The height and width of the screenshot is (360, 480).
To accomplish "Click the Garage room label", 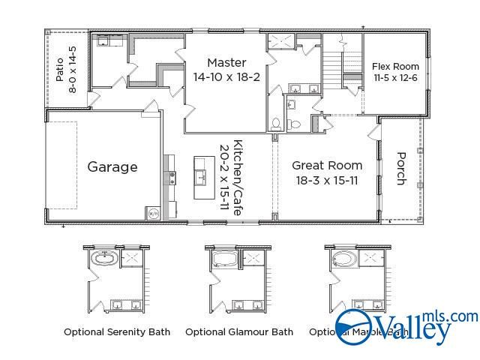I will coord(112,166).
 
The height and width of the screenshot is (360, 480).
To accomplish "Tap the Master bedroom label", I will coord(226,62).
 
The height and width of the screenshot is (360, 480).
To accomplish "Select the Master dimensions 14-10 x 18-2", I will coord(226,76).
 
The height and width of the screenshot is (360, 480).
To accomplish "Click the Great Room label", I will coord(327,165).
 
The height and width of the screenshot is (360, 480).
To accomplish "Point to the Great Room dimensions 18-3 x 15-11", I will coord(327,180).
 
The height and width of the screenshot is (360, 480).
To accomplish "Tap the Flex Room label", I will coord(395,67).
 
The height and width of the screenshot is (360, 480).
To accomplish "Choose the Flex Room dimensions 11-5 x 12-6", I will coord(395,78).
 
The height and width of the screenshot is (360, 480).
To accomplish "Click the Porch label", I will coord(401,169).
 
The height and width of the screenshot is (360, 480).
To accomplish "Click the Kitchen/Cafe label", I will coord(238,178).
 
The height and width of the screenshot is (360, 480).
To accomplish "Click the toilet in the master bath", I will coord(277,122).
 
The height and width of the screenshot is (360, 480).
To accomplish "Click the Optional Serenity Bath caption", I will coord(117,331).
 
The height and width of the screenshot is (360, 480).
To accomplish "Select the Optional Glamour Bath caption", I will coord(239,331).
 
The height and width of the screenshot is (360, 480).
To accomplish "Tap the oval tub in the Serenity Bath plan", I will coord(103,259).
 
